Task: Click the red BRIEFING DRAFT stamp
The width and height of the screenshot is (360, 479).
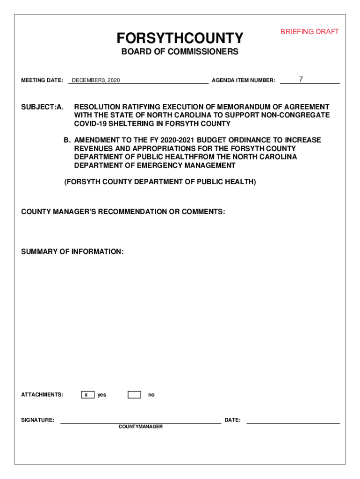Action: (x=310, y=32)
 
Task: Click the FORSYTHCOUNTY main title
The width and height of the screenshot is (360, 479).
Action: (x=180, y=38)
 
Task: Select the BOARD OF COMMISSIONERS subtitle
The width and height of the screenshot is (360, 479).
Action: (x=180, y=52)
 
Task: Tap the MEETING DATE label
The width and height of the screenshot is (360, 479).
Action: (x=42, y=80)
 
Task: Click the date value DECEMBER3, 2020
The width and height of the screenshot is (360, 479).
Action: (x=96, y=80)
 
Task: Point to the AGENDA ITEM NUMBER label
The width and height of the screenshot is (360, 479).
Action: (x=243, y=80)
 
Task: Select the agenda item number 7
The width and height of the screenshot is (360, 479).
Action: (x=301, y=80)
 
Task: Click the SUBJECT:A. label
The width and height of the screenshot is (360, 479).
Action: (x=42, y=107)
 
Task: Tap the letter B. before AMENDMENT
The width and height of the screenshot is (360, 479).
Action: (x=67, y=140)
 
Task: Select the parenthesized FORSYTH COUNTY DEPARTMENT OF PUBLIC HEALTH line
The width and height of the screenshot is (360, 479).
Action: (x=160, y=182)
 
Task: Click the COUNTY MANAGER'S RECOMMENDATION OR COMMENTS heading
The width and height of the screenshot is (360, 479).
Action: (x=123, y=212)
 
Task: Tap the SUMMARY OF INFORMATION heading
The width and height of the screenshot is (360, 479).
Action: (x=72, y=252)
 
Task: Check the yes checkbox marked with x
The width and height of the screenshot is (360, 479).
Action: (x=87, y=395)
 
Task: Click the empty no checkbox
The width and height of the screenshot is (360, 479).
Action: (x=134, y=395)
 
